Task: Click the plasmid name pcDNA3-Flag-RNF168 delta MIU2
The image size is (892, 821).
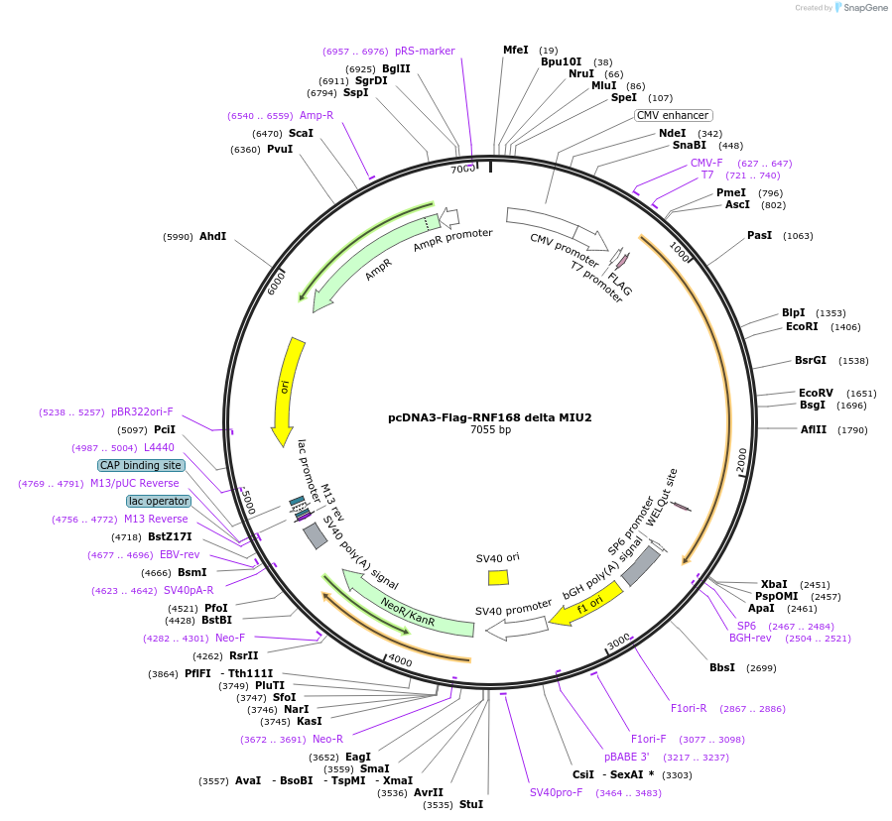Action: click(x=489, y=417)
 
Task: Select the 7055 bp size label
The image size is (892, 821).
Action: click(x=490, y=430)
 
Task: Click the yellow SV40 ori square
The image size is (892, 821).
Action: click(x=498, y=577)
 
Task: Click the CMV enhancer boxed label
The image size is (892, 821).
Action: click(x=674, y=115)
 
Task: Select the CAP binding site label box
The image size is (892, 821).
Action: click(x=140, y=465)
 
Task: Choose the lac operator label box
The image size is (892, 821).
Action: click(x=158, y=501)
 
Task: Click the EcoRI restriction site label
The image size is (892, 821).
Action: click(x=802, y=326)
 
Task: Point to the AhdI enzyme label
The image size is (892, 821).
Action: click(x=212, y=237)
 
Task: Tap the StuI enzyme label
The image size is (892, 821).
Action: click(x=471, y=804)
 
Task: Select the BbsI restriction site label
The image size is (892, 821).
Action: click(x=721, y=667)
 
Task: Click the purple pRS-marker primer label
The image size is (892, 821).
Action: click(x=425, y=51)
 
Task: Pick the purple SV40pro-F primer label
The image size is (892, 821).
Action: click(x=560, y=792)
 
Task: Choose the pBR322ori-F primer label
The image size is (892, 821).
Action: click(x=142, y=411)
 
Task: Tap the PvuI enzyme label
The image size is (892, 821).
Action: click(x=280, y=149)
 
